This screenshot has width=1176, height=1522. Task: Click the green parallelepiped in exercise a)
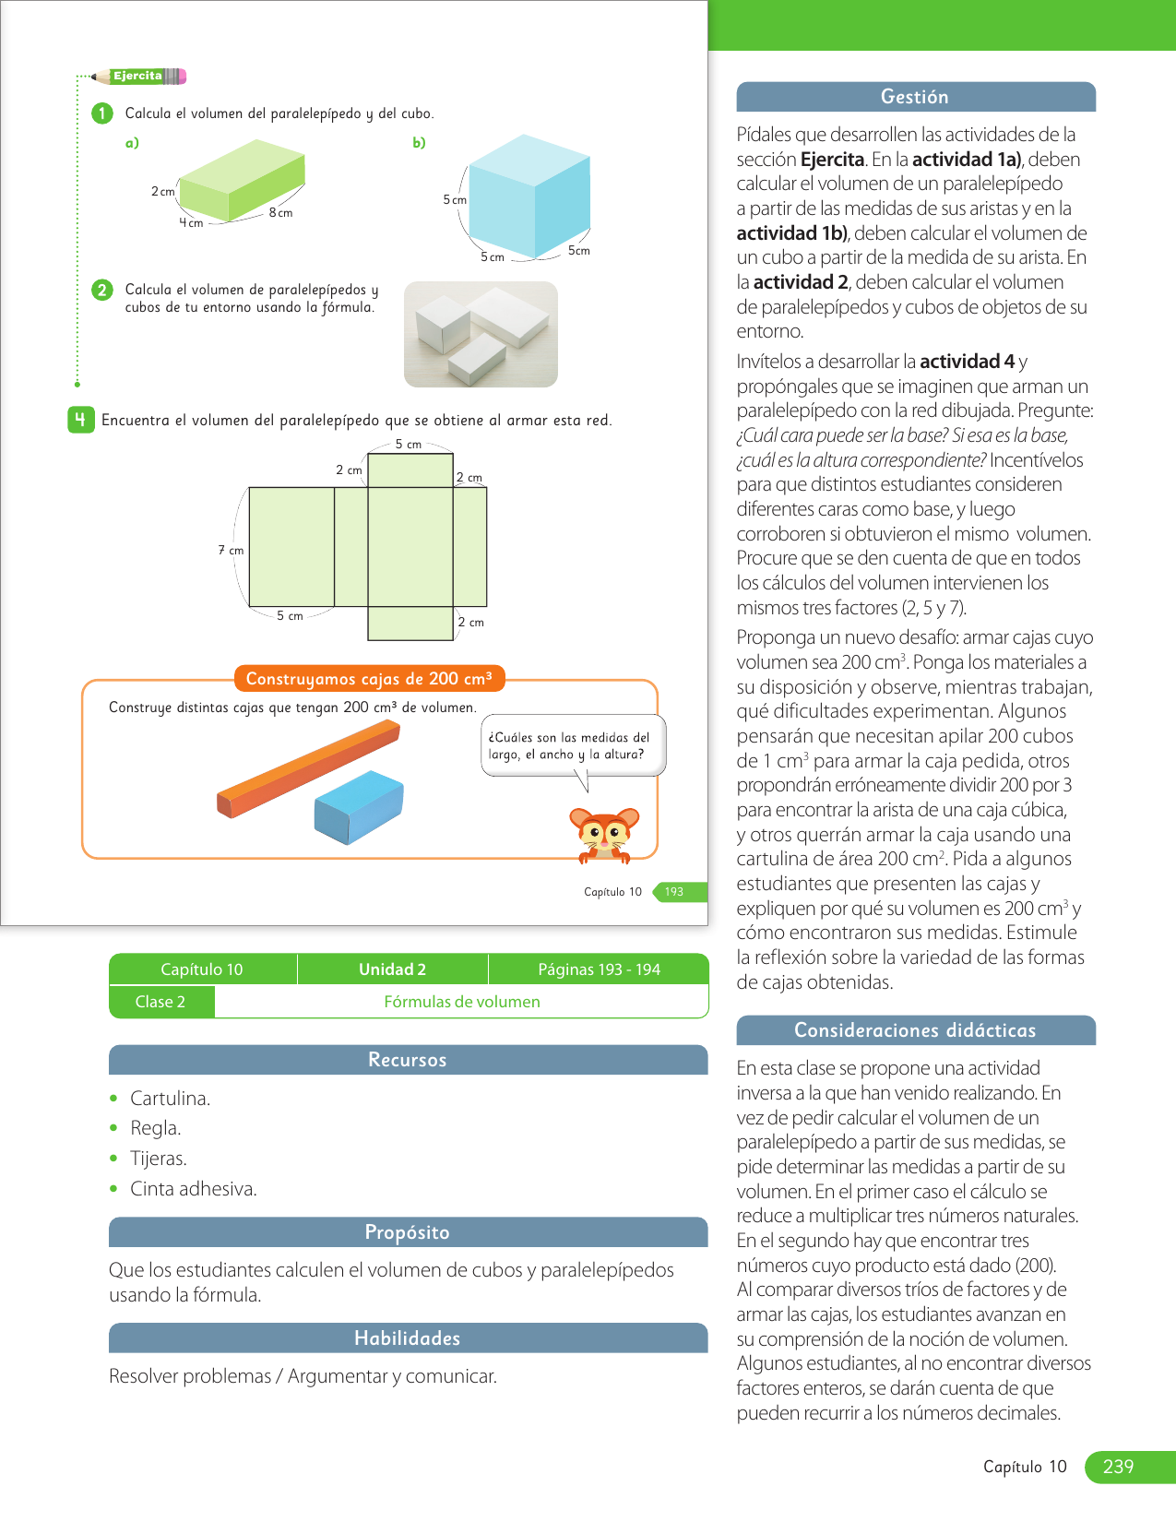click(242, 180)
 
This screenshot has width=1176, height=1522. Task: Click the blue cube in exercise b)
click(529, 196)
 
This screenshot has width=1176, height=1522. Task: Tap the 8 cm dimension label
click(281, 213)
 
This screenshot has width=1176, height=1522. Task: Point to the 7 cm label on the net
click(231, 551)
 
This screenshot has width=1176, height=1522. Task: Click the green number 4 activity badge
click(80, 420)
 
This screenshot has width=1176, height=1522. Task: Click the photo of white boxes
click(481, 334)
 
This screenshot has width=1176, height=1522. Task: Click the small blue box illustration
click(359, 806)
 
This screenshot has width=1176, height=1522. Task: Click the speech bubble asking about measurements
click(572, 746)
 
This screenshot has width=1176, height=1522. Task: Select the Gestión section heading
click(915, 97)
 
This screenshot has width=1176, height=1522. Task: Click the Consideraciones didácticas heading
click(915, 1030)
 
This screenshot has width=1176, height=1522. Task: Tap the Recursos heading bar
click(408, 1060)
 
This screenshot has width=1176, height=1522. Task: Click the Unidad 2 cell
click(392, 969)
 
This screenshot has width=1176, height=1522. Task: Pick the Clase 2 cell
click(160, 1002)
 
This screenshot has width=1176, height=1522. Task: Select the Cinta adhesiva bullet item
click(193, 1189)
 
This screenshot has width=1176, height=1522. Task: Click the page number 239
click(1118, 1467)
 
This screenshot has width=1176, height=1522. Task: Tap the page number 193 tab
click(674, 892)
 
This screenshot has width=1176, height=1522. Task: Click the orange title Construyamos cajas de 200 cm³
click(369, 679)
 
